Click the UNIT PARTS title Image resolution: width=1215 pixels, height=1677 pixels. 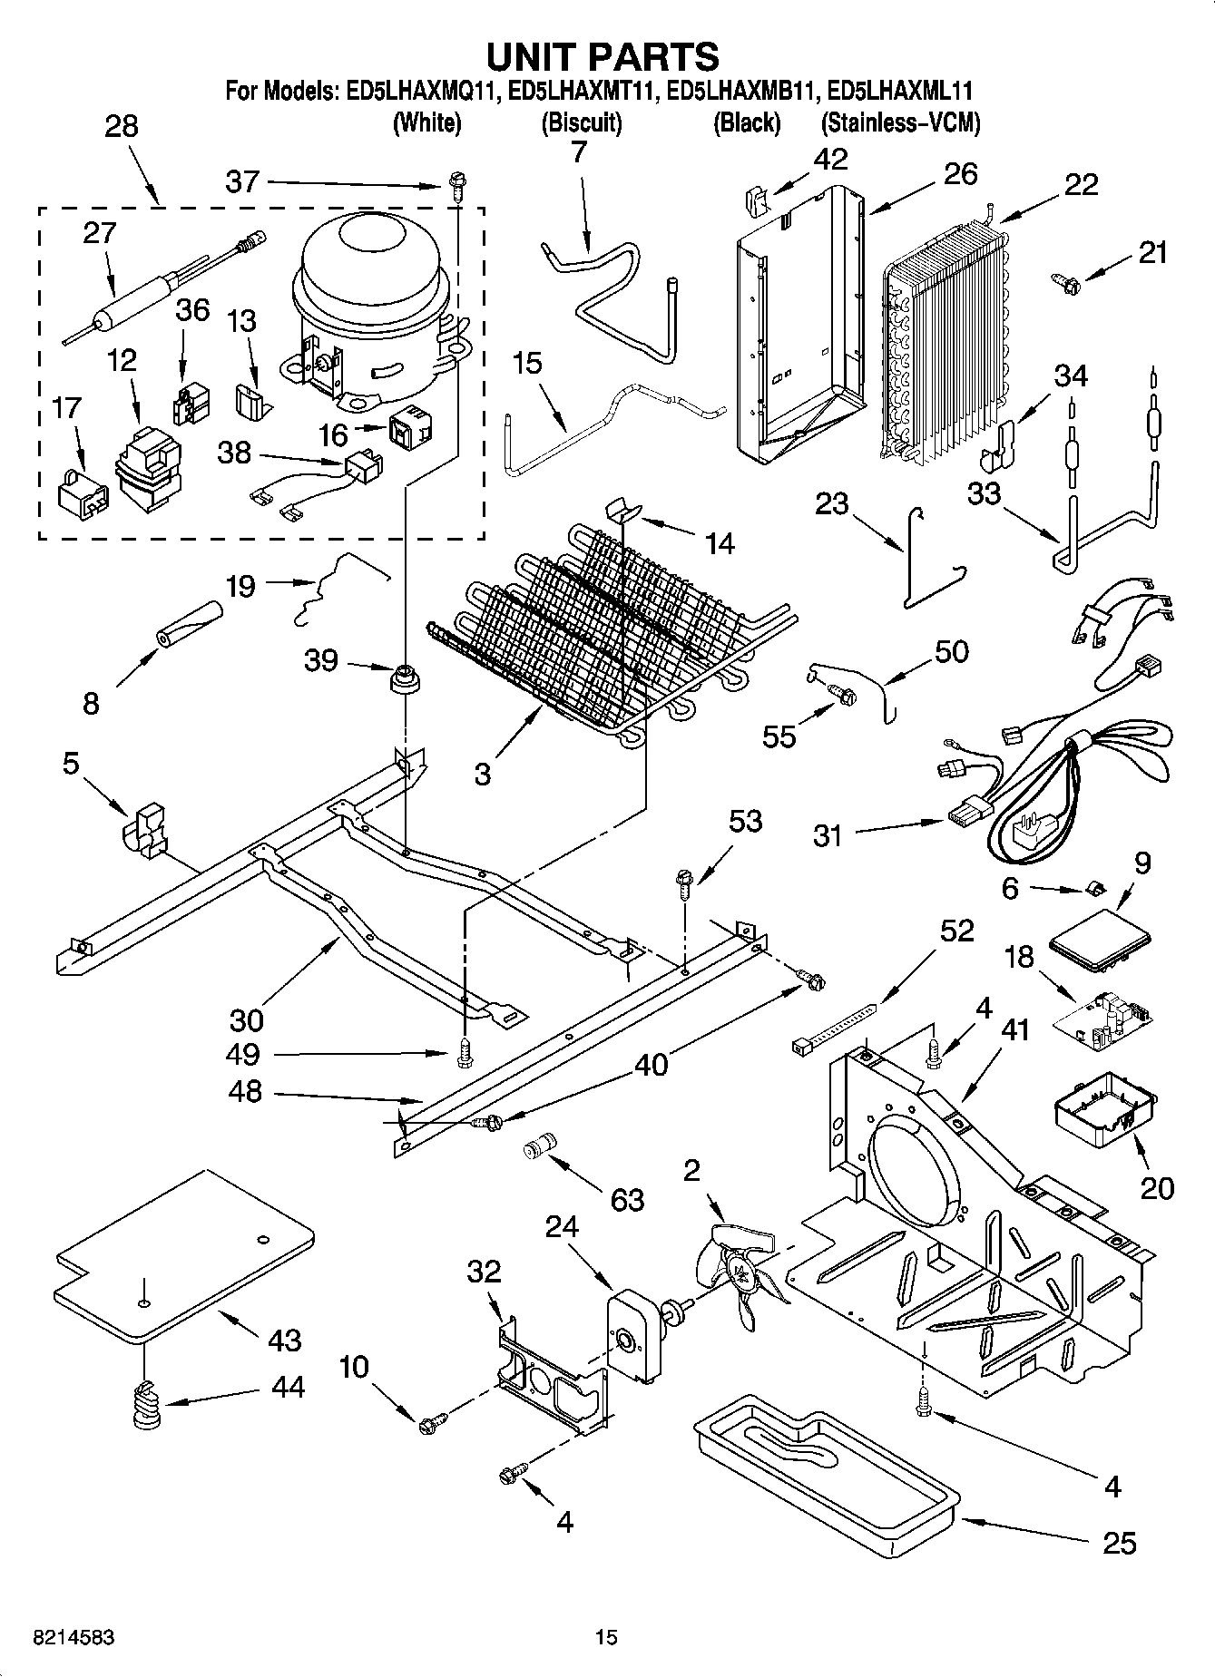(x=603, y=56)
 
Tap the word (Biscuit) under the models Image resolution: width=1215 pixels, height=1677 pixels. (x=581, y=122)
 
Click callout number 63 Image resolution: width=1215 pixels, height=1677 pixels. (x=627, y=1200)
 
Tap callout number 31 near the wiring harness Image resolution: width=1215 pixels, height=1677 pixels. (x=828, y=834)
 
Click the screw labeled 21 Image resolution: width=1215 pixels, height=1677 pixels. (x=1067, y=283)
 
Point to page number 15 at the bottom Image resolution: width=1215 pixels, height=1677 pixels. (x=605, y=1638)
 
